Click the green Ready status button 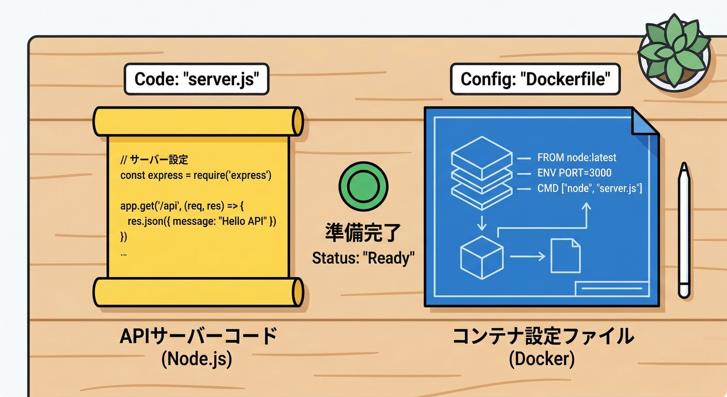point(363,187)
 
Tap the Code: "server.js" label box point(196,79)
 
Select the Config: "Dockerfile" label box point(535,79)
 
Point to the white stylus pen point(684,230)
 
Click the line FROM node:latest point(577,158)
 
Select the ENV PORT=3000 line point(574,173)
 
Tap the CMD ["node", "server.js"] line point(589,189)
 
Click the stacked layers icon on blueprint point(481,173)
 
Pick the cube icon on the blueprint point(481,256)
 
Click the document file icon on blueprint point(565,255)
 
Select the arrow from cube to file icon point(527,256)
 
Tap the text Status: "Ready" point(363,257)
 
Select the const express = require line point(196,175)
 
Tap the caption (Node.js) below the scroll point(196,360)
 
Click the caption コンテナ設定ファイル point(543,337)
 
